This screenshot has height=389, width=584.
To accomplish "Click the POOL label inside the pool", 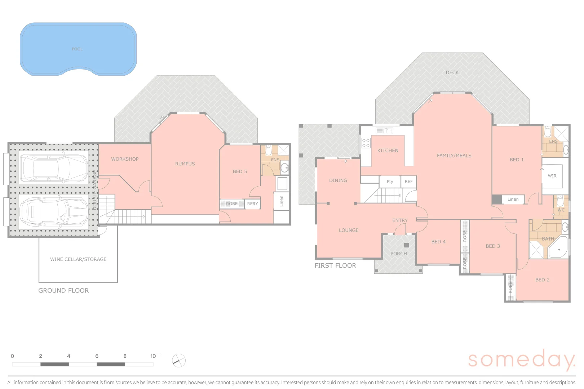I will (77, 49).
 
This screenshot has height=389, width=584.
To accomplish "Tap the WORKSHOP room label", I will (125, 159).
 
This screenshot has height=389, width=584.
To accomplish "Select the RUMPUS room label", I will (185, 164).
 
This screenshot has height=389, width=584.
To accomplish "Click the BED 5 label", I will (240, 171).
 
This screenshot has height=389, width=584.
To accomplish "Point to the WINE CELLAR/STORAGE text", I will (78, 259).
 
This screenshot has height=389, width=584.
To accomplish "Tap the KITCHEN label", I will (388, 150).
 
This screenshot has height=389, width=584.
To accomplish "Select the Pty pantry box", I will (390, 182).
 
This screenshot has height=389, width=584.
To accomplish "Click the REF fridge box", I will (408, 182).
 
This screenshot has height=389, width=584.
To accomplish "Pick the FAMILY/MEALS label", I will (454, 156).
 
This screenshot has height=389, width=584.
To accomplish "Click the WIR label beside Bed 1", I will (552, 176).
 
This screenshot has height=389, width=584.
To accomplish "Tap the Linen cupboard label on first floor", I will (513, 199).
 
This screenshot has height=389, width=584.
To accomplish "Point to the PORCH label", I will (398, 254).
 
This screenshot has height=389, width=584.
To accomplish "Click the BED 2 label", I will (542, 280).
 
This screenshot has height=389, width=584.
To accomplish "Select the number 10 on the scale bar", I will (153, 356).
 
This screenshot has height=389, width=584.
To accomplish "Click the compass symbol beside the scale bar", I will (179, 361).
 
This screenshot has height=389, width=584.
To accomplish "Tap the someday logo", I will (521, 359).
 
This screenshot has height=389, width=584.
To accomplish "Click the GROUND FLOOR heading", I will (63, 290).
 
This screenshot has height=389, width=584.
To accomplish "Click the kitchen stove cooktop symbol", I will (366, 143).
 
